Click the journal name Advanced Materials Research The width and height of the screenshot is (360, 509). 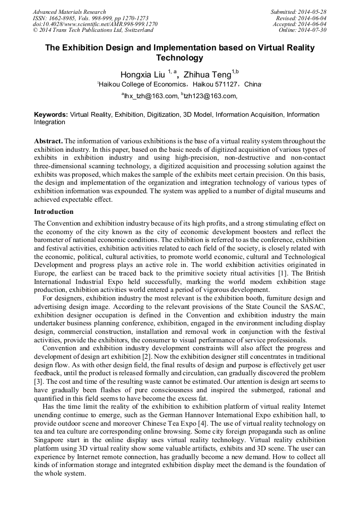tap(69, 12)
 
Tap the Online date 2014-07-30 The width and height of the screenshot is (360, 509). tap(314, 30)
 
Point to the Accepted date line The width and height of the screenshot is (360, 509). tap(299, 24)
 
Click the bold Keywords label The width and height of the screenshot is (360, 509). tap(51, 115)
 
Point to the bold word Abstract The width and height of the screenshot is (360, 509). tap(49, 141)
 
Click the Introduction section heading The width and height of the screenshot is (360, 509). tap(54, 212)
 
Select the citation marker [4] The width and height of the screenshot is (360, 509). tap(207, 422)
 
